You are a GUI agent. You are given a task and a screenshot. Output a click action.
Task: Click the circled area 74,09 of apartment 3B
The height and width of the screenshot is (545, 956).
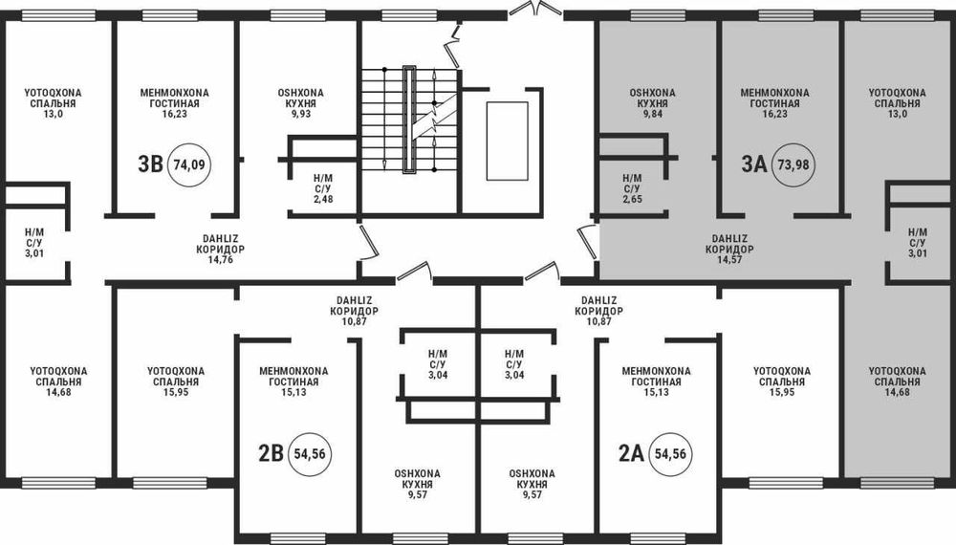point(189,164)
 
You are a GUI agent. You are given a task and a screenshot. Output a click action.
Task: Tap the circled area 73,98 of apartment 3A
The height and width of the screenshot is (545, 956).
point(793,164)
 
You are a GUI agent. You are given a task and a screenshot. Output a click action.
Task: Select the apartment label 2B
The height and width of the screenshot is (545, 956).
point(272,453)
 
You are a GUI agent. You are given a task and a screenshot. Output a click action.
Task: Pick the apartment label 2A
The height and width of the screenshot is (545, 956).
point(632,453)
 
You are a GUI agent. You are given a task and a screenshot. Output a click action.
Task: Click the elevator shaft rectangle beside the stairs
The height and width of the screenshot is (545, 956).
point(508,141)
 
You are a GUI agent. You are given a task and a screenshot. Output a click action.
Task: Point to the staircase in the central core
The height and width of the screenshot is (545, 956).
point(409,120)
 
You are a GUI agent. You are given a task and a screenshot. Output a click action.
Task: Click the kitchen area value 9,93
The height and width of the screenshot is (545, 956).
point(300,114)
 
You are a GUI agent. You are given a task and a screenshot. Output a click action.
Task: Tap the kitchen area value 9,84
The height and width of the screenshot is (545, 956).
point(652,114)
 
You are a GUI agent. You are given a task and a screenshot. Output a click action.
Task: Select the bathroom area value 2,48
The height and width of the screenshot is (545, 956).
point(323,199)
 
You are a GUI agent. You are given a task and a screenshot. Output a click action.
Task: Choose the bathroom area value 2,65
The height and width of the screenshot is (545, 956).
point(632,199)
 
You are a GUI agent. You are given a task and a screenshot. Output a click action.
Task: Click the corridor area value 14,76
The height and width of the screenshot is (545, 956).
point(220,260)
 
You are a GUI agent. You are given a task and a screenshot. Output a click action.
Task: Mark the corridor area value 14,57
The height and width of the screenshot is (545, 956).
point(729,260)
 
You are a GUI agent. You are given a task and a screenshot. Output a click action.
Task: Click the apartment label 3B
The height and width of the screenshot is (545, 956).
point(150,164)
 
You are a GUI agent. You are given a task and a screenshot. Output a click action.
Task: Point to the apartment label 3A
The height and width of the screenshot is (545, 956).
point(754,164)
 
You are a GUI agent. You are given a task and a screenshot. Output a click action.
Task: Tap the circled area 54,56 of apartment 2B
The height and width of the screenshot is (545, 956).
point(310,454)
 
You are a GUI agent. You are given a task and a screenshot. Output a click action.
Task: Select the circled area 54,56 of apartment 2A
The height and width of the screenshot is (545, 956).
point(670,454)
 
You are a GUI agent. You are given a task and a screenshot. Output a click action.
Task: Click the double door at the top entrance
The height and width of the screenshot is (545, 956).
point(535,10)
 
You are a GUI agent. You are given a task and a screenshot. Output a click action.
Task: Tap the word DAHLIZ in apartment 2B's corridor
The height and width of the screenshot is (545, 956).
point(355,300)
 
